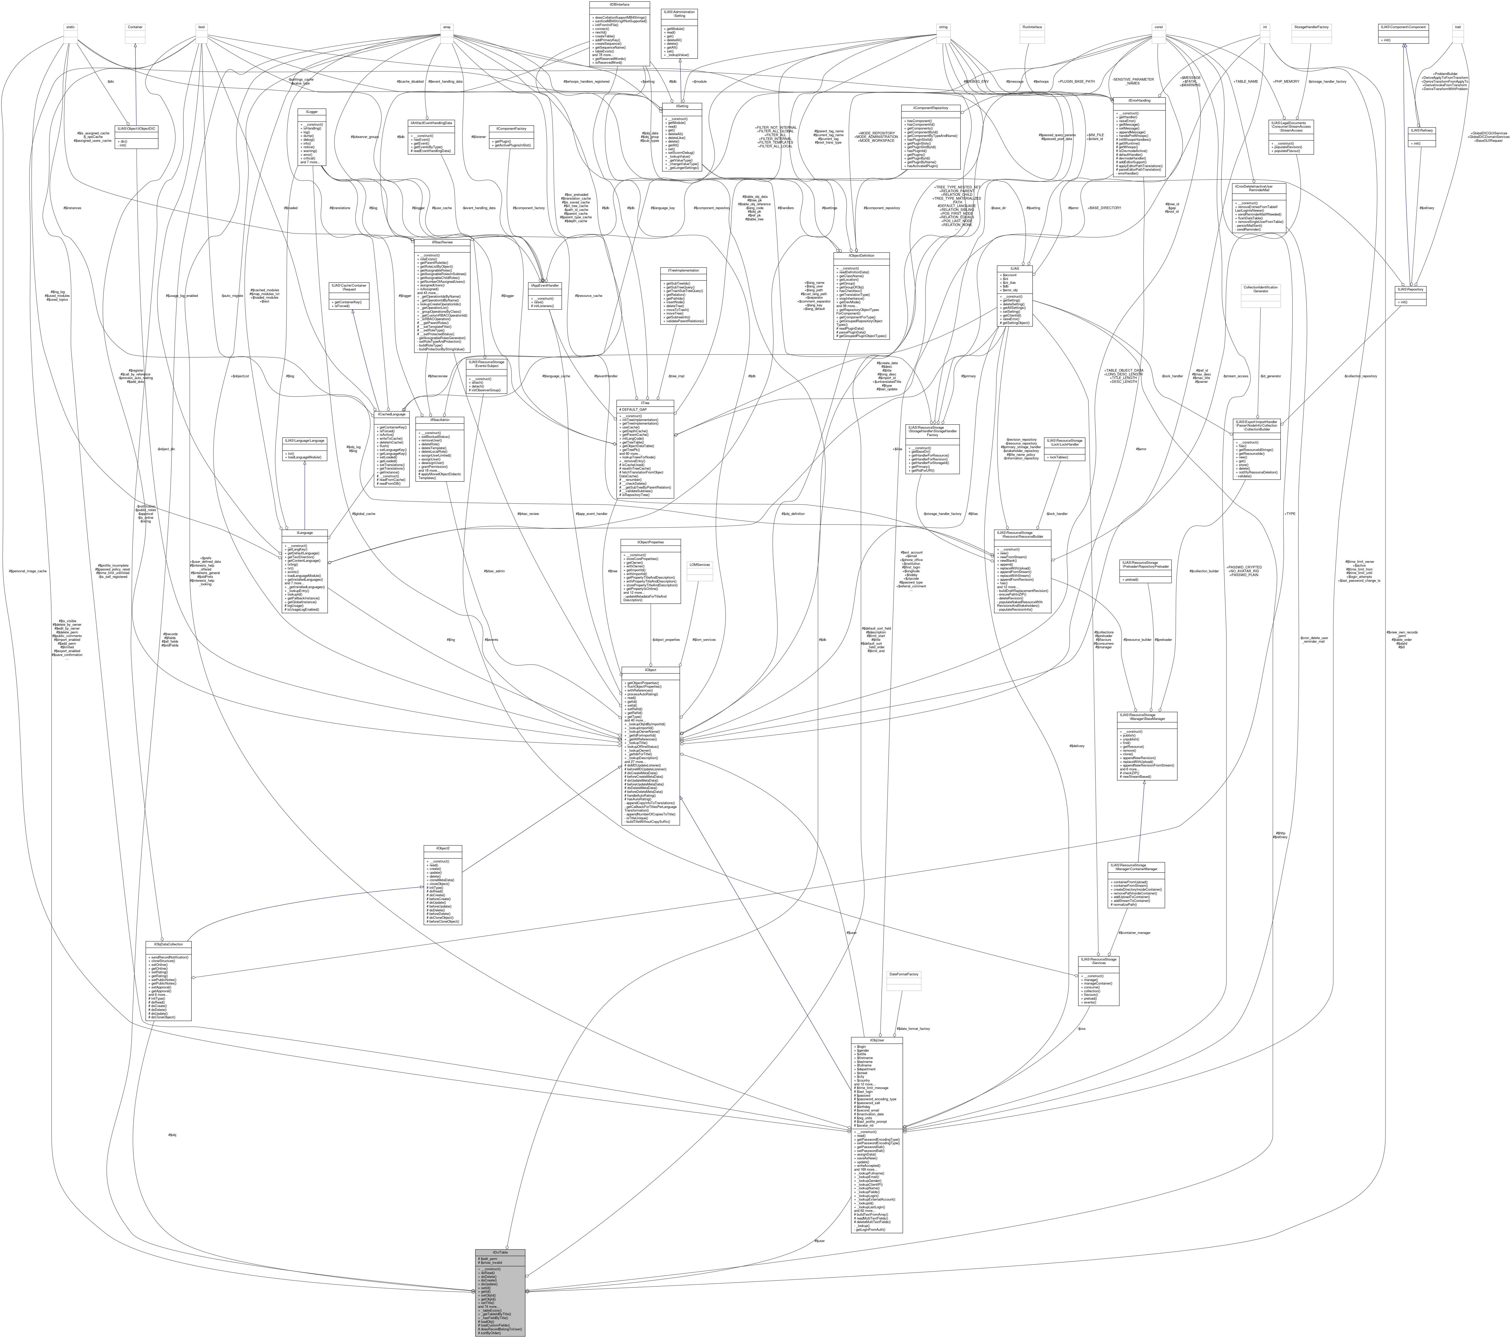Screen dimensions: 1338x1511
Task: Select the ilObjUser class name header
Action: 877,1039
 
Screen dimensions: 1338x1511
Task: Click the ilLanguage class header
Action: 305,532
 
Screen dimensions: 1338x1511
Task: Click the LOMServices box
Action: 699,565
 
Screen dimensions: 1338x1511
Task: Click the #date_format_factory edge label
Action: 913,1028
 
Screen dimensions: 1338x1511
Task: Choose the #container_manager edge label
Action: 1134,932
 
